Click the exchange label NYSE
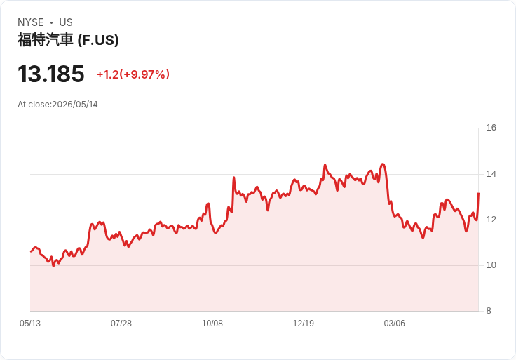click(31, 22)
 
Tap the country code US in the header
click(66, 22)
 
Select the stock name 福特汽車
click(45, 40)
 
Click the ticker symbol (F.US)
click(98, 40)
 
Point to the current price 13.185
click(51, 74)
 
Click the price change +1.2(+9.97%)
click(133, 74)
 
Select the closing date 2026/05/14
click(75, 105)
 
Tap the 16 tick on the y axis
click(491, 128)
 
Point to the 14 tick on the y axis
click(491, 174)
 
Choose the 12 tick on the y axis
click(491, 220)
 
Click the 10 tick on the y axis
click(491, 265)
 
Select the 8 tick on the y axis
click(489, 311)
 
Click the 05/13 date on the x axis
click(30, 324)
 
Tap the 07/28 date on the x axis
click(121, 324)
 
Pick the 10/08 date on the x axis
click(212, 324)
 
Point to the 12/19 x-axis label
click(304, 324)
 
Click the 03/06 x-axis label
click(394, 324)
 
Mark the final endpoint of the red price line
click(478, 194)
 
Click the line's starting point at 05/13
click(31, 251)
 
